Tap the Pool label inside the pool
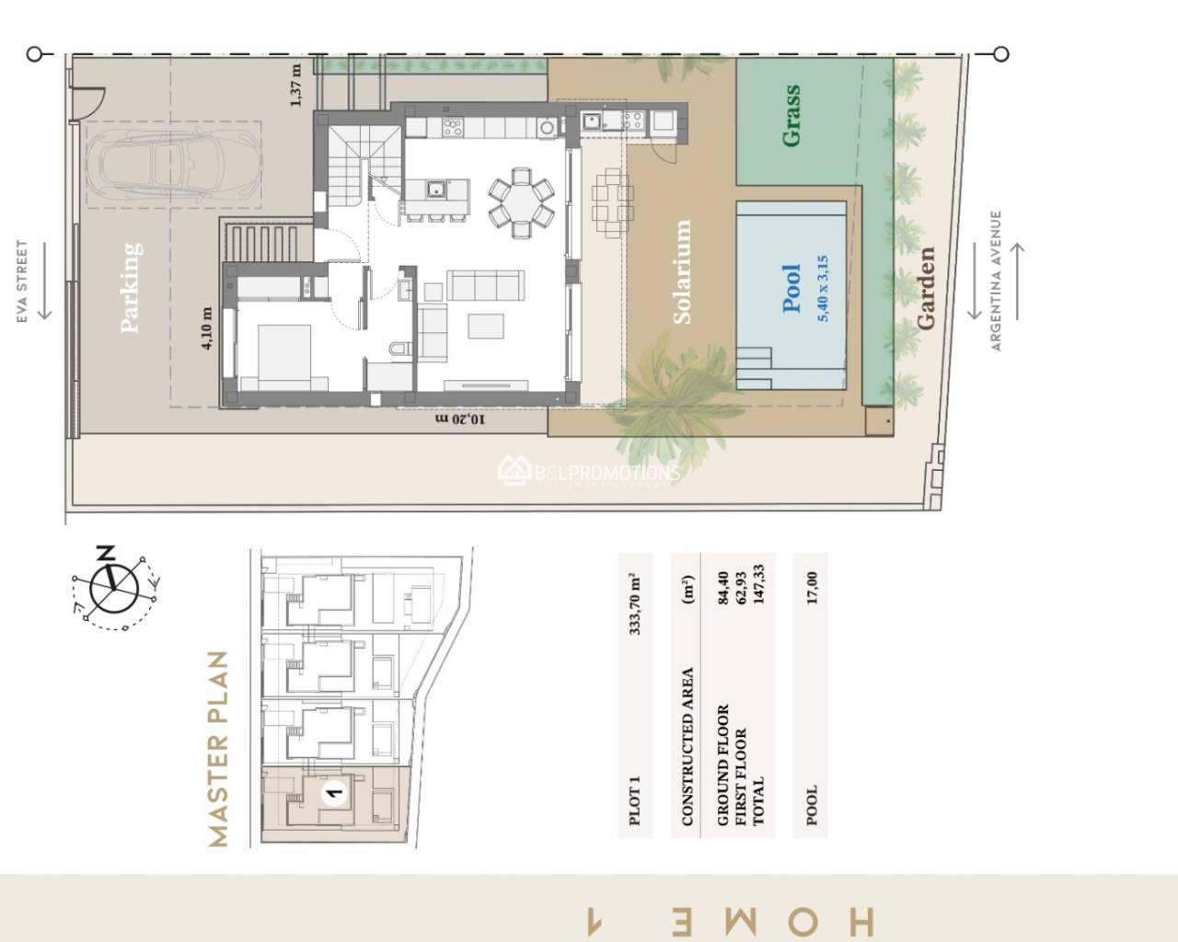click(791, 288)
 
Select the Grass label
click(791, 116)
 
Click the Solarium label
click(682, 272)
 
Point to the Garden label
click(925, 288)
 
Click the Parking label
click(132, 286)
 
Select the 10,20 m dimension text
click(459, 419)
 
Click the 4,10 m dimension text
click(207, 328)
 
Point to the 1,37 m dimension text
click(295, 86)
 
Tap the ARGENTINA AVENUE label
click(995, 281)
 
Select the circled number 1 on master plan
click(334, 790)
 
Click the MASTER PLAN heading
click(217, 749)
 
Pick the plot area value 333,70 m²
click(634, 603)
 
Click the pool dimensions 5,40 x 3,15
click(823, 288)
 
